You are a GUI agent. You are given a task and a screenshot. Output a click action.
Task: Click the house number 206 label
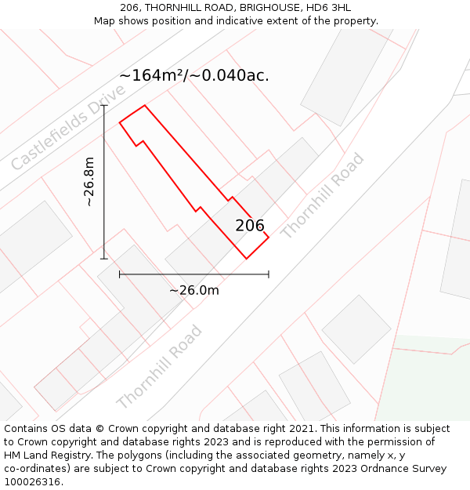pos(250,226)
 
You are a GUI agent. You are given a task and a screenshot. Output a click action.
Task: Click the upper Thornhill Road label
pos(323,195)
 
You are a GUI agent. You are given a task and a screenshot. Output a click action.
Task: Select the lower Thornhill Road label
pos(160,366)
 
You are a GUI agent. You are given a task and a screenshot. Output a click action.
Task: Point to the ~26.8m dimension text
pos(89,182)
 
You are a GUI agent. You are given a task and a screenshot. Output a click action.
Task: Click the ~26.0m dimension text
pos(194,290)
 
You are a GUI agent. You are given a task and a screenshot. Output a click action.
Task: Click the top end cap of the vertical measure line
pos(104,105)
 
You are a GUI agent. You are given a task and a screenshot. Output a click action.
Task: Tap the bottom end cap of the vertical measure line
pos(104,259)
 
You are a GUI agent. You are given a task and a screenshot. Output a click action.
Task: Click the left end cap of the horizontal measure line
pos(119,274)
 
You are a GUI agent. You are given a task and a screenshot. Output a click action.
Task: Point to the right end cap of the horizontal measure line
pos(269,274)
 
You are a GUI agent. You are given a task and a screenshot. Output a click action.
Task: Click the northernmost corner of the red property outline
pos(144,105)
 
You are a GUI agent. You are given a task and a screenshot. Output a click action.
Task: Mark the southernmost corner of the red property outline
pos(246,259)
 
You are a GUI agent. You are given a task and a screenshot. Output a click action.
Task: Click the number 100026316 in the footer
pos(34,482)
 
